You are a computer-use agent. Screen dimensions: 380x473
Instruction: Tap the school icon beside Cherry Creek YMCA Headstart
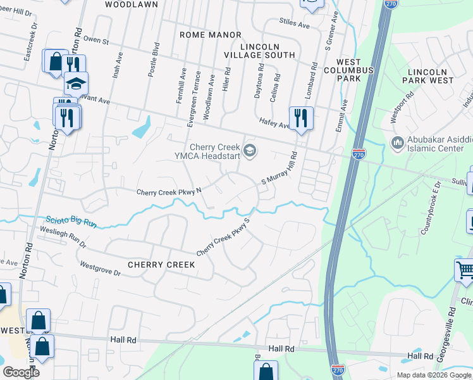(250, 149)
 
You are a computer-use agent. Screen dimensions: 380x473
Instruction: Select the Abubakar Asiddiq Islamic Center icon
(398, 141)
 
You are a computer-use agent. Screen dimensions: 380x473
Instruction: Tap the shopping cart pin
(465, 270)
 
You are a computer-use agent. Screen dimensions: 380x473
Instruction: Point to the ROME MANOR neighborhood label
(210, 35)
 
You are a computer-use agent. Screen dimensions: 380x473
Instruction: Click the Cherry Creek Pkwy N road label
(168, 192)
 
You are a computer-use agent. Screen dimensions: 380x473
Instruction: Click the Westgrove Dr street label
(99, 268)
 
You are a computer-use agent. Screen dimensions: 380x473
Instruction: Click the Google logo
(21, 372)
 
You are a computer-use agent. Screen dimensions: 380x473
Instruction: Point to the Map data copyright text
(433, 375)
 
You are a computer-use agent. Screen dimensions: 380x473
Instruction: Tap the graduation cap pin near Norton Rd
(76, 83)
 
